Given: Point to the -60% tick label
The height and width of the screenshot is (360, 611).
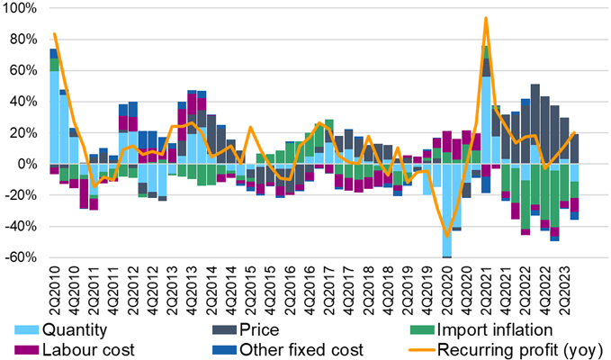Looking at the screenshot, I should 20,257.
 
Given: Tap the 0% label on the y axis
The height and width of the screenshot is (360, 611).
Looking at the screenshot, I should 27,164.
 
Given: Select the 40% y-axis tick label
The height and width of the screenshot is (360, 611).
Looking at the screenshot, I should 22,102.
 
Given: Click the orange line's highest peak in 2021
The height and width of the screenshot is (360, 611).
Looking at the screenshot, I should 486,18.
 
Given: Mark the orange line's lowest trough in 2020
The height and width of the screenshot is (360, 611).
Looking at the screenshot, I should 446,237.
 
